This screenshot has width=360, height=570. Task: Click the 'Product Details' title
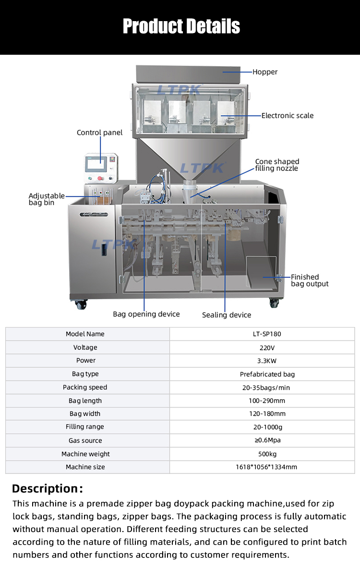pos(181,26)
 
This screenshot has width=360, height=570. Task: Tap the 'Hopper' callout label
pos(265,72)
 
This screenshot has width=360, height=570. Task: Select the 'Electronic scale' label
pos(287,116)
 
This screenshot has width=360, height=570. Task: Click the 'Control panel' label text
pos(99,133)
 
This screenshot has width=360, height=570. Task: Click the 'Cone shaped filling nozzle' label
pos(276,165)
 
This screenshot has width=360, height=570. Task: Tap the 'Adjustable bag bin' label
pos(46,199)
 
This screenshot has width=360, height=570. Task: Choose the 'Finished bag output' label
pos(310,280)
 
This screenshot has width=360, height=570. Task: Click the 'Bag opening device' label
pos(146,314)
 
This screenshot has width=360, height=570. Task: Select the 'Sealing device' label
pos(227,315)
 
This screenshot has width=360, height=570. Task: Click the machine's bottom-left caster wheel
pos(81,303)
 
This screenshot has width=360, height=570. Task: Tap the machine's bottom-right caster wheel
pos(274,303)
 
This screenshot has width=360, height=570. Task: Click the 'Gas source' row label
pos(85,440)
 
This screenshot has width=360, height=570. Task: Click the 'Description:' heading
pos(48,489)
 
